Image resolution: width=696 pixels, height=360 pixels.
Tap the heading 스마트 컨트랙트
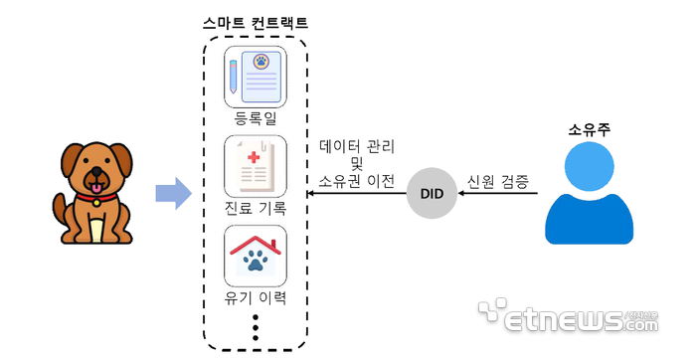coord(256,22)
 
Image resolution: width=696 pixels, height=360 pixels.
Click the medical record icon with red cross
coord(256,166)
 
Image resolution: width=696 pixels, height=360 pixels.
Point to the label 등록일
coord(256,118)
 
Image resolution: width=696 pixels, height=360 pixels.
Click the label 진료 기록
coord(256,207)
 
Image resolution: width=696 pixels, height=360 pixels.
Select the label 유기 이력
coord(256,296)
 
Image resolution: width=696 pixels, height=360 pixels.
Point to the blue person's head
coord(589,166)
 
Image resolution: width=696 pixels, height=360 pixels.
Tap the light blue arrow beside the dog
coord(173,192)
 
